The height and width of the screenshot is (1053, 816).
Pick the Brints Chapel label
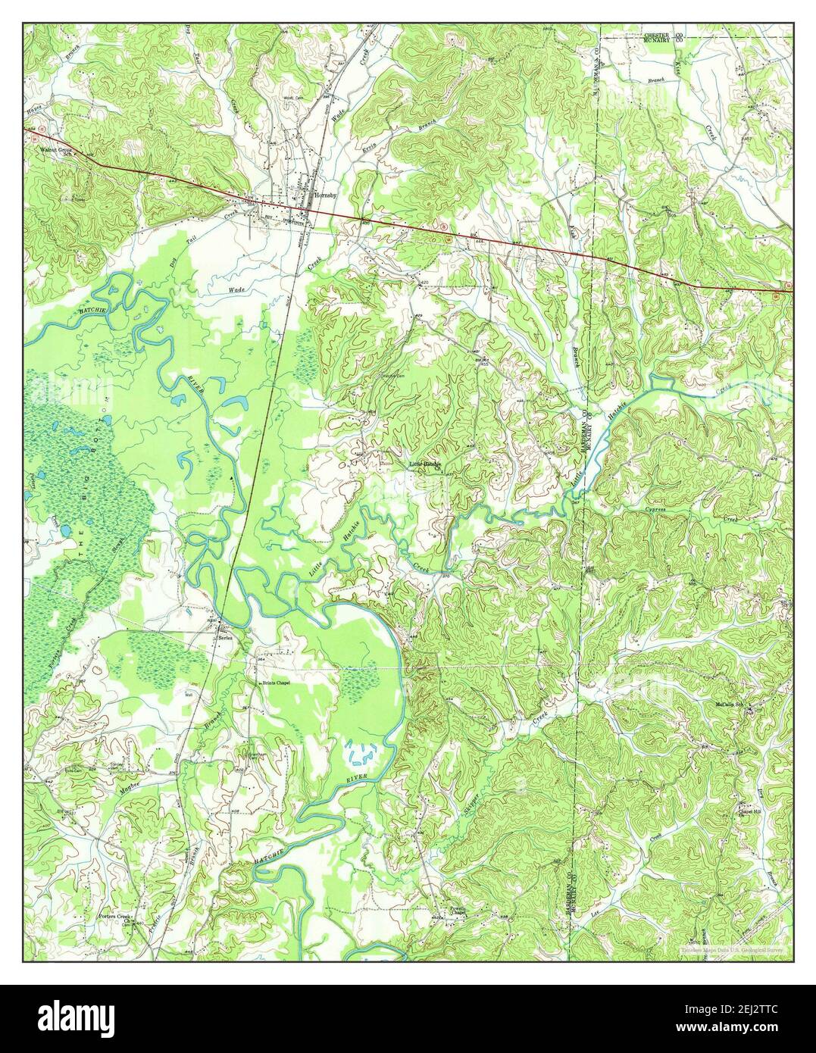coord(277,683)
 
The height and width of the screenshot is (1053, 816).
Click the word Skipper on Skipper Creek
coord(468,804)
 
